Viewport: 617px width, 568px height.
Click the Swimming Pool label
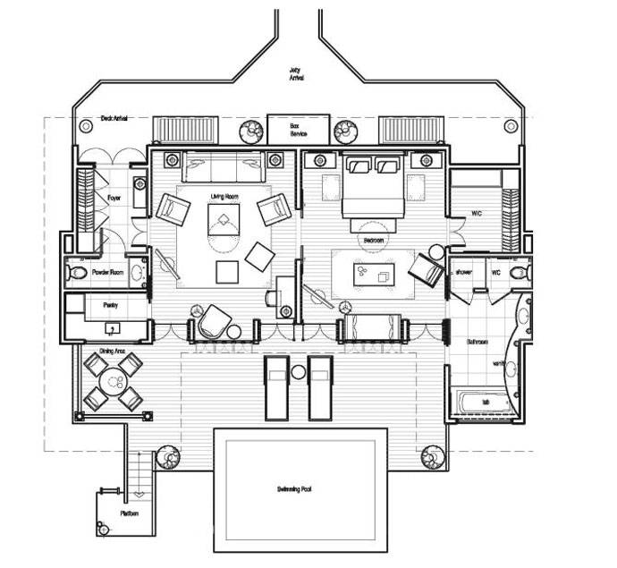pyautogui.click(x=299, y=489)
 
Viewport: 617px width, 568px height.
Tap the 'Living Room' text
pyautogui.click(x=224, y=195)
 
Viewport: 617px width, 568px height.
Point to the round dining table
pyautogui.click(x=114, y=382)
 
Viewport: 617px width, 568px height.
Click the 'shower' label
pyautogui.click(x=463, y=271)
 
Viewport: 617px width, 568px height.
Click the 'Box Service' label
pyautogui.click(x=293, y=131)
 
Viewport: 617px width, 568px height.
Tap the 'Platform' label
pyautogui.click(x=130, y=513)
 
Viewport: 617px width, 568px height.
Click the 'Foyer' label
pyautogui.click(x=114, y=198)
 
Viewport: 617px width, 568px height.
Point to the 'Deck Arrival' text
pyautogui.click(x=114, y=118)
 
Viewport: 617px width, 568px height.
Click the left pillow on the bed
pyautogui.click(x=359, y=165)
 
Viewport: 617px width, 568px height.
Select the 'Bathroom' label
pyautogui.click(x=476, y=342)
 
